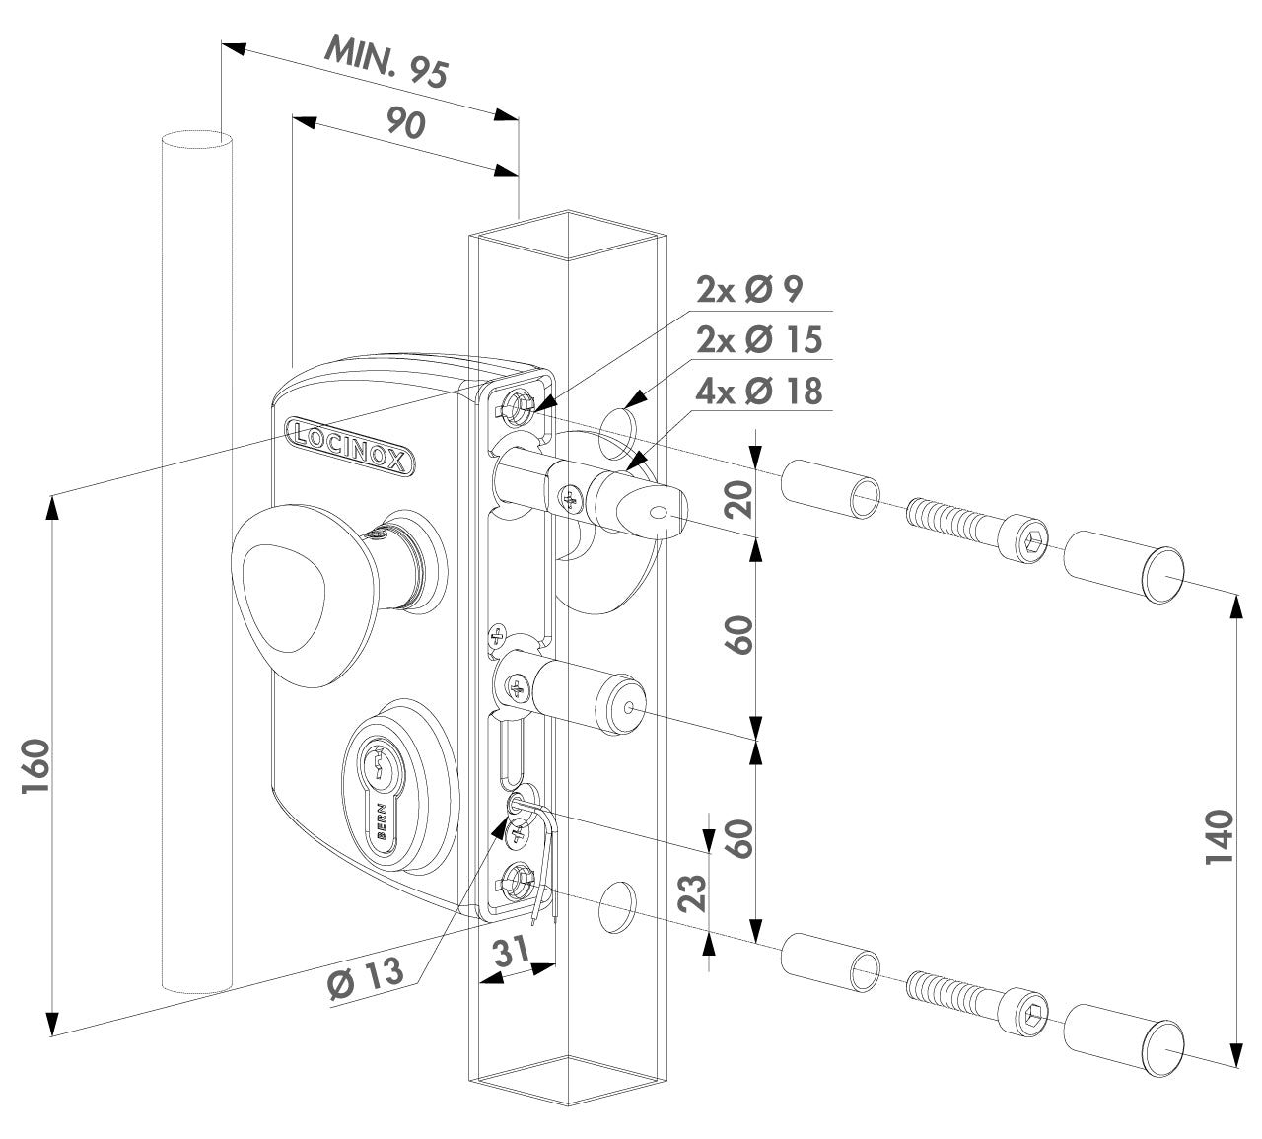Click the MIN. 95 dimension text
click(387, 61)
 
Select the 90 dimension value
click(405, 123)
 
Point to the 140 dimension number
click(1220, 836)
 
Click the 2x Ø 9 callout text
click(749, 289)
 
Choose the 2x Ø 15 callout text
click(758, 339)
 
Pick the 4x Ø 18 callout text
click(758, 391)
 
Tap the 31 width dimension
click(511, 954)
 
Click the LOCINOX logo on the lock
click(351, 444)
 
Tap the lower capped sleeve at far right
click(1123, 1041)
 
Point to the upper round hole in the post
click(618, 423)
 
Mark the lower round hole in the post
click(618, 905)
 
